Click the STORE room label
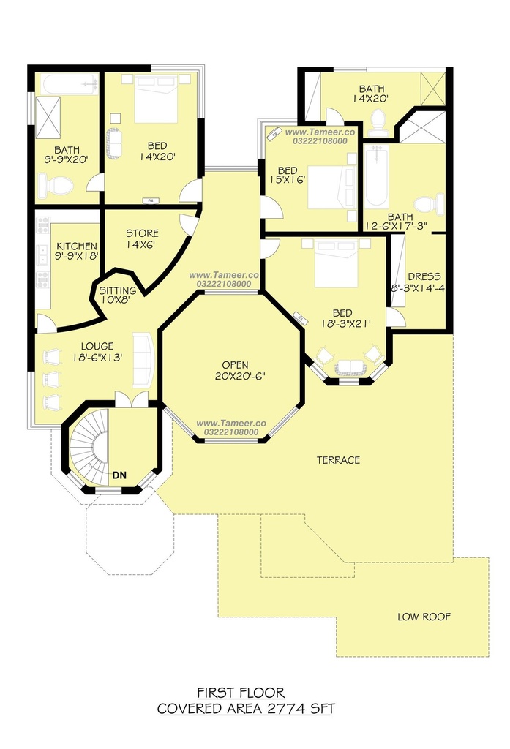[x=142, y=233]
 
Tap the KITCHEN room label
[x=77, y=246]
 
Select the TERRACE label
[x=338, y=460]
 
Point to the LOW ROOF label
[x=424, y=617]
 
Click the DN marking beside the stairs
[x=119, y=475]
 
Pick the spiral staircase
[x=90, y=447]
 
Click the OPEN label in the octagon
[x=235, y=365]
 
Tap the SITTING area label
[x=118, y=290]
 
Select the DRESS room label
[x=424, y=276]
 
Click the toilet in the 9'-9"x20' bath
[x=55, y=185]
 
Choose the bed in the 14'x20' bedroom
[x=156, y=99]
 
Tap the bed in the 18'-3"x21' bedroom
[x=336, y=263]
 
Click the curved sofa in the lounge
[x=143, y=360]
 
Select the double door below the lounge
[x=132, y=399]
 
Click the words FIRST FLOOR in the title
[x=241, y=693]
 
